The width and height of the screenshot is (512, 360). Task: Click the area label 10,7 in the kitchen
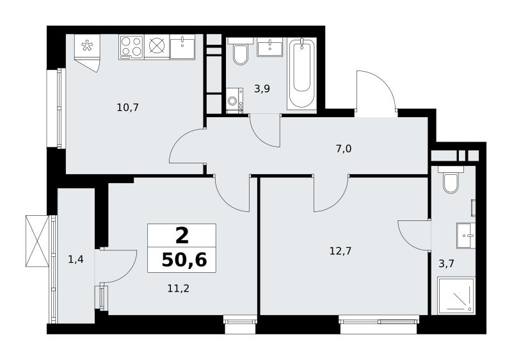(128, 107)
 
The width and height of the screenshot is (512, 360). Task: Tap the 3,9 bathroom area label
(262, 88)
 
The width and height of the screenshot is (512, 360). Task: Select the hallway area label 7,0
(344, 149)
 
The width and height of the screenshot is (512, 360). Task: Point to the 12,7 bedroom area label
(340, 251)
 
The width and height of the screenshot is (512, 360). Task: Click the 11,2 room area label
(179, 288)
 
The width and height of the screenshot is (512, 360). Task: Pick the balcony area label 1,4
(76, 259)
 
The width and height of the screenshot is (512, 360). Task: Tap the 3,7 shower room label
(446, 264)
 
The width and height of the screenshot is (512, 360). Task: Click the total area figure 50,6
(184, 260)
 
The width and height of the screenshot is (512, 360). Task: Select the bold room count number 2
(182, 236)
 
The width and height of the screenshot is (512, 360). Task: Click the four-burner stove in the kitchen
(131, 47)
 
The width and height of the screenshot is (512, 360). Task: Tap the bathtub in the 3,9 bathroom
(301, 74)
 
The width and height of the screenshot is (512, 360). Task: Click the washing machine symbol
(234, 101)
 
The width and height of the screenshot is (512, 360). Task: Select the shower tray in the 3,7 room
(456, 295)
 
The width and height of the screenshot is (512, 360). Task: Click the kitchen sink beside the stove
(182, 47)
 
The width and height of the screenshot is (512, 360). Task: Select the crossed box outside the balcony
(37, 241)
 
